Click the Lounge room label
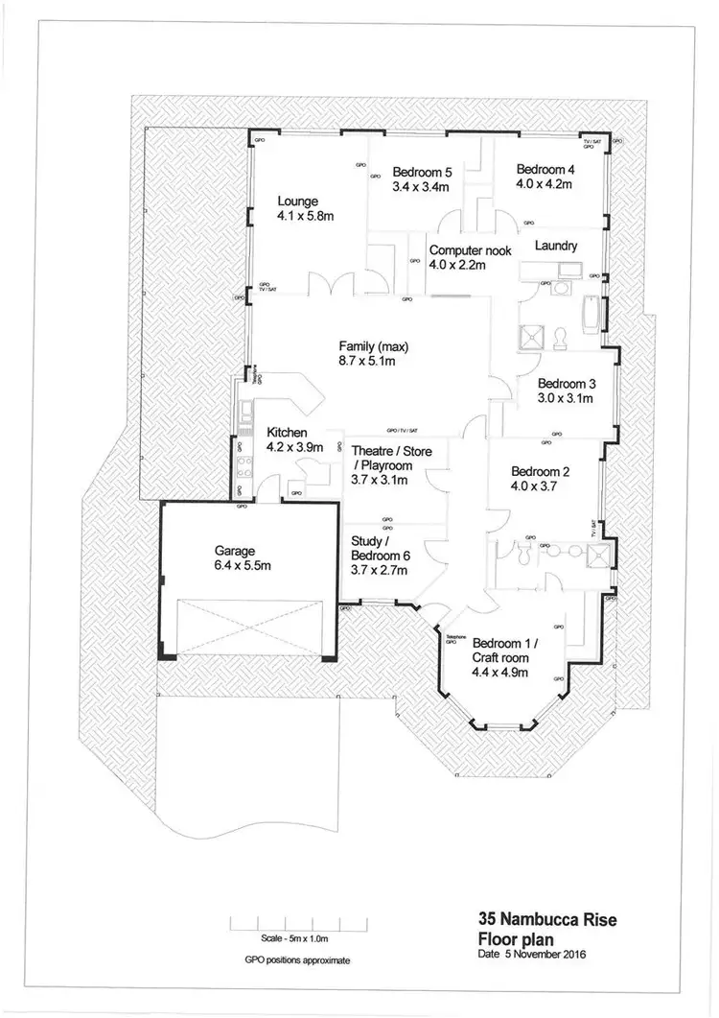[298, 201]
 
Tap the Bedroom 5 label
[422, 173]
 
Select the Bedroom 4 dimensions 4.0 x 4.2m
[544, 181]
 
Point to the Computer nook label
[470, 250]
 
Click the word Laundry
[556, 247]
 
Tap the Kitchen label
[287, 432]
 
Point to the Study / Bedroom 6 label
[381, 556]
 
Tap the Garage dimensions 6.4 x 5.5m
[236, 566]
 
